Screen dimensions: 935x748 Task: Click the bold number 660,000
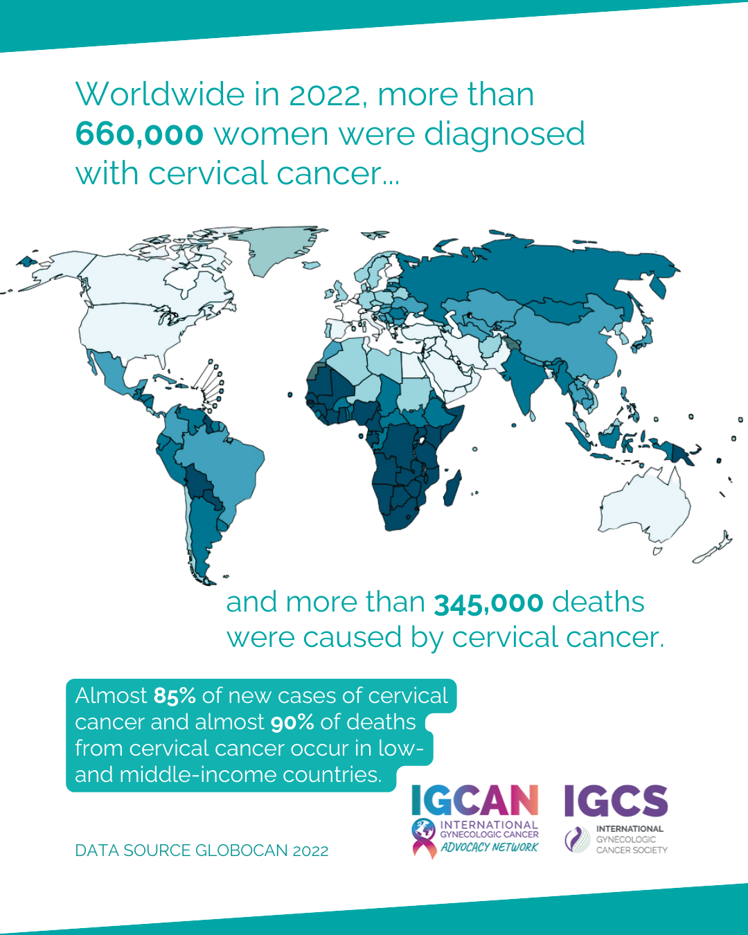point(139,134)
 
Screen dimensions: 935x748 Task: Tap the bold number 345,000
point(488,603)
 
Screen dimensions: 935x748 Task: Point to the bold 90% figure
point(292,722)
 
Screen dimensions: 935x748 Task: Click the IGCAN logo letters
point(474,801)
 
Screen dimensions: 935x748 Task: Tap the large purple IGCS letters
point(616,801)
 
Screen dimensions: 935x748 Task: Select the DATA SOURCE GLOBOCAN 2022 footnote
point(202,851)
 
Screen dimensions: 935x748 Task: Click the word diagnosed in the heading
point(504,134)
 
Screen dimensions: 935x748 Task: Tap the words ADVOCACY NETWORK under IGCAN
point(489,847)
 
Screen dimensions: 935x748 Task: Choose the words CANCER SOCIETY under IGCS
point(632,850)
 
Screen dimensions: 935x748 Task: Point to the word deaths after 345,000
point(598,603)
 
